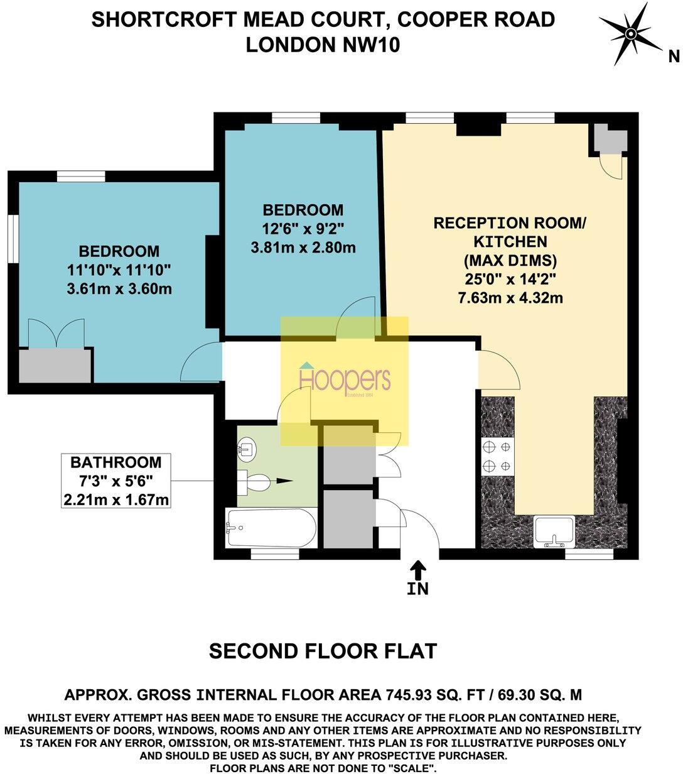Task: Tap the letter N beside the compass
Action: point(674,57)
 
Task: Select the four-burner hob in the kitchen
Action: point(497,457)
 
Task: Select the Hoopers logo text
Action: point(345,380)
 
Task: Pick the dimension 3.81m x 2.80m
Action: point(303,248)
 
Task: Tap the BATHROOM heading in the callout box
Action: point(116,462)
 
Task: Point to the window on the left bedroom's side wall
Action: point(13,237)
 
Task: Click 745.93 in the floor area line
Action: point(409,695)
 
